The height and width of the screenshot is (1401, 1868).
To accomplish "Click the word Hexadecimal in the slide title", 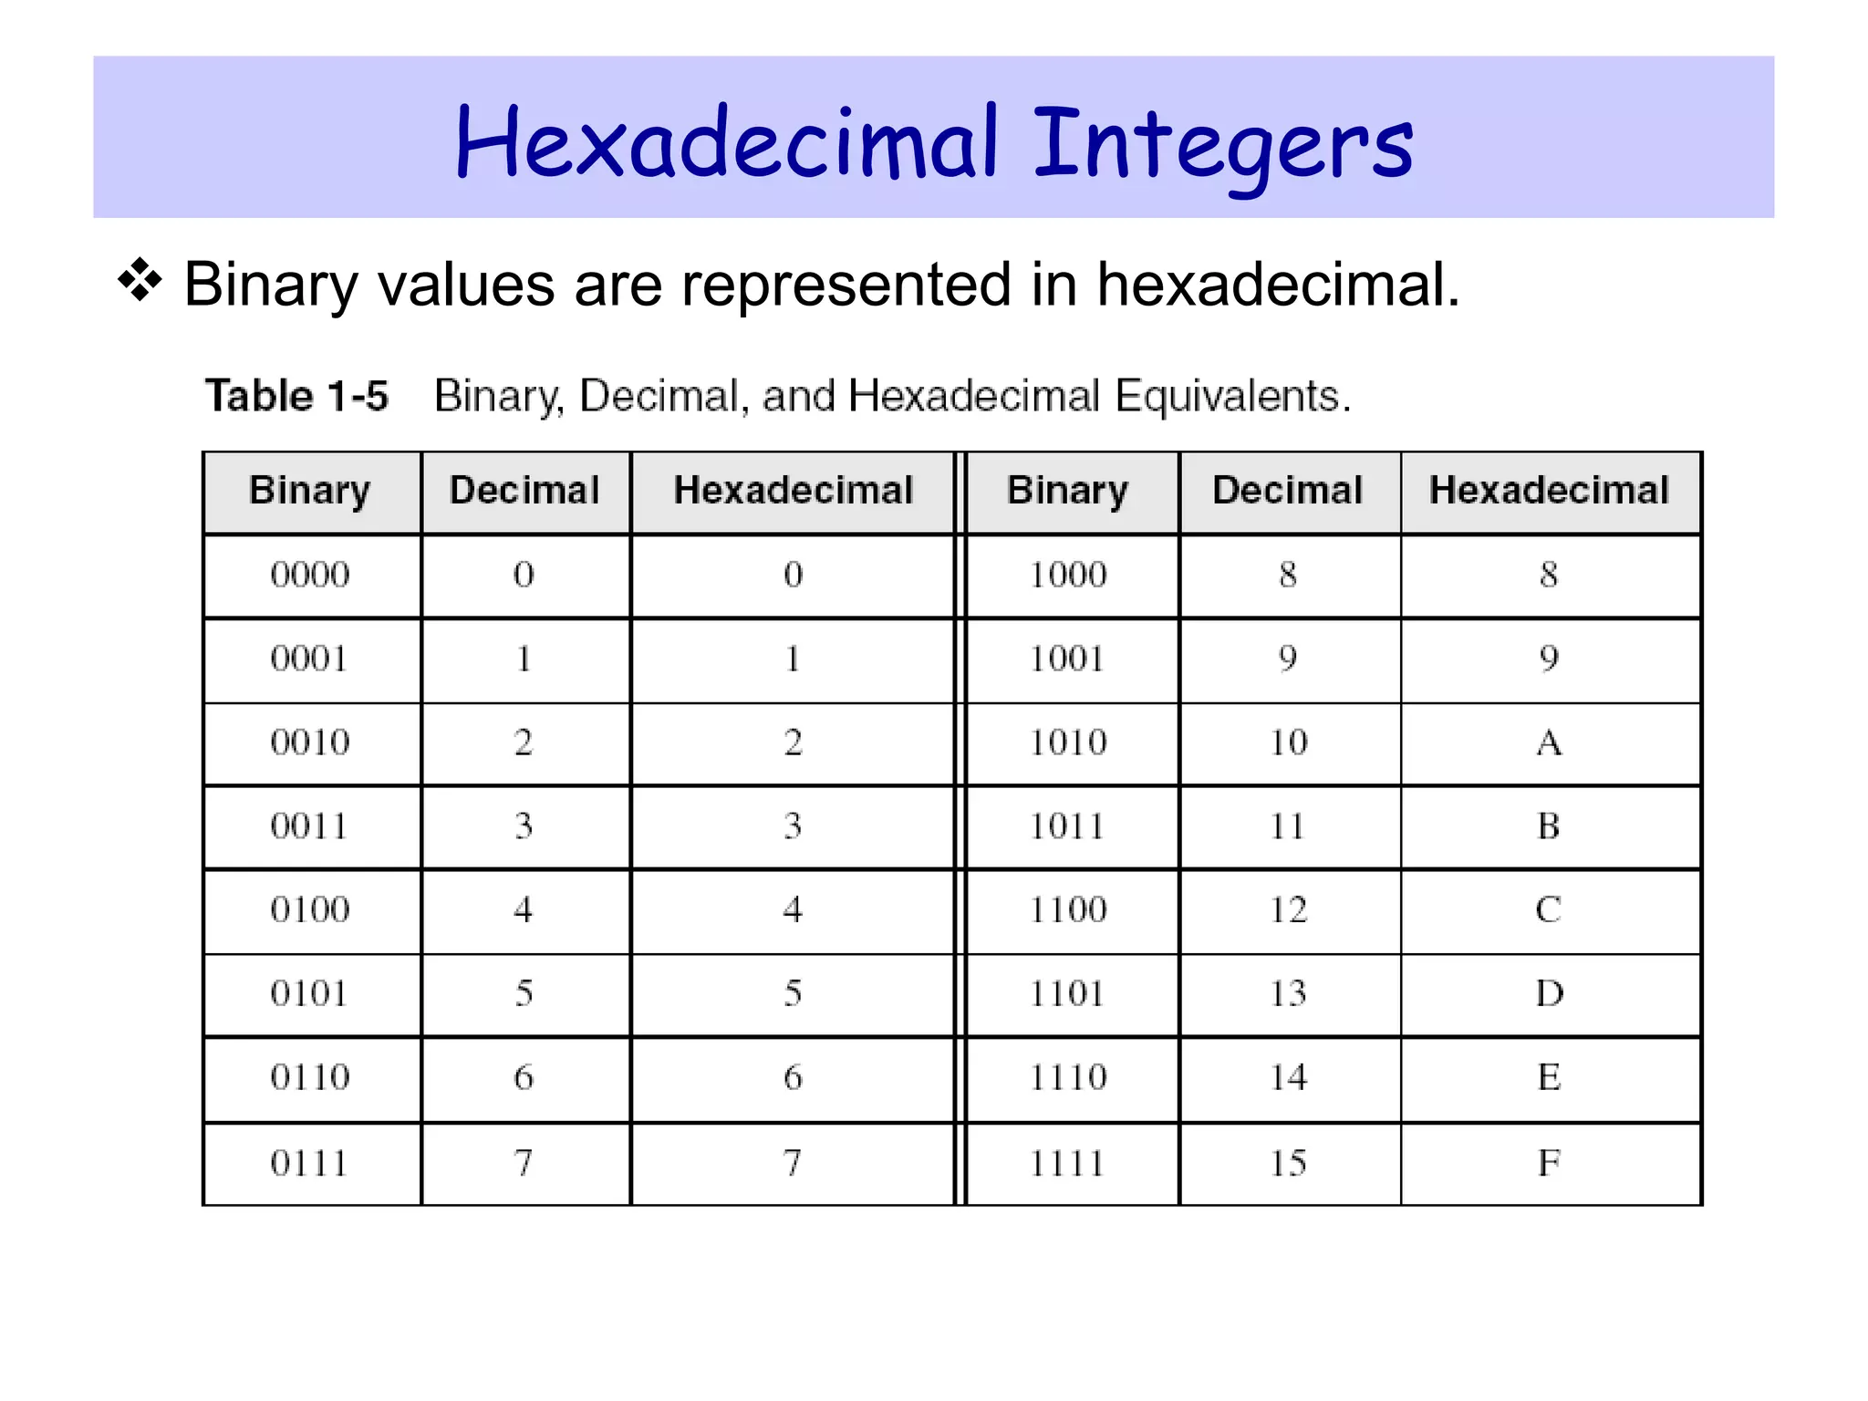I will tap(726, 142).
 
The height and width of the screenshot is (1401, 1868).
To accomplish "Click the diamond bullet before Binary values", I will tap(140, 281).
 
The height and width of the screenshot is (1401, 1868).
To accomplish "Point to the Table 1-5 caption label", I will tap(296, 396).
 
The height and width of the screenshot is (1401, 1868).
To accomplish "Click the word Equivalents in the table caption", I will tap(1232, 396).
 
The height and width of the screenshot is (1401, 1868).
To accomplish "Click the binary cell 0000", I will tap(310, 575).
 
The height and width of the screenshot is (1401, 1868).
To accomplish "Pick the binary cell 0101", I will tap(309, 993).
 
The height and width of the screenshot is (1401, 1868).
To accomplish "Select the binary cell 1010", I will tap(1068, 742).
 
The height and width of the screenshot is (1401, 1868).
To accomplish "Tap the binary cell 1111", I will tap(1067, 1163).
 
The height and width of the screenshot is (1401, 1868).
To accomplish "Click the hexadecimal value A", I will tap(1549, 742).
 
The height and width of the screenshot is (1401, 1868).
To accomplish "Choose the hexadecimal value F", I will tap(1549, 1163).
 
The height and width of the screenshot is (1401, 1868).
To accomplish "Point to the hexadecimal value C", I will tap(1549, 909).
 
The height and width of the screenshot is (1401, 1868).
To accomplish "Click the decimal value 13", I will tap(1289, 993).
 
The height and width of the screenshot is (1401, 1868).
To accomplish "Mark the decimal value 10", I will tap(1289, 742).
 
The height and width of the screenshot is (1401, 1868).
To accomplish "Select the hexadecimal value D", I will tap(1549, 993).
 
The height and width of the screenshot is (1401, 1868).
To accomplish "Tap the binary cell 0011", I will tap(309, 826).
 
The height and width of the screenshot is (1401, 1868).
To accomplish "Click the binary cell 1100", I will tap(1068, 909).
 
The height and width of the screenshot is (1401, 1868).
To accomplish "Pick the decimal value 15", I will tap(1289, 1163).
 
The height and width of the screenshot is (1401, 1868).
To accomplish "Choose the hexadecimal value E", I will tap(1549, 1077).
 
